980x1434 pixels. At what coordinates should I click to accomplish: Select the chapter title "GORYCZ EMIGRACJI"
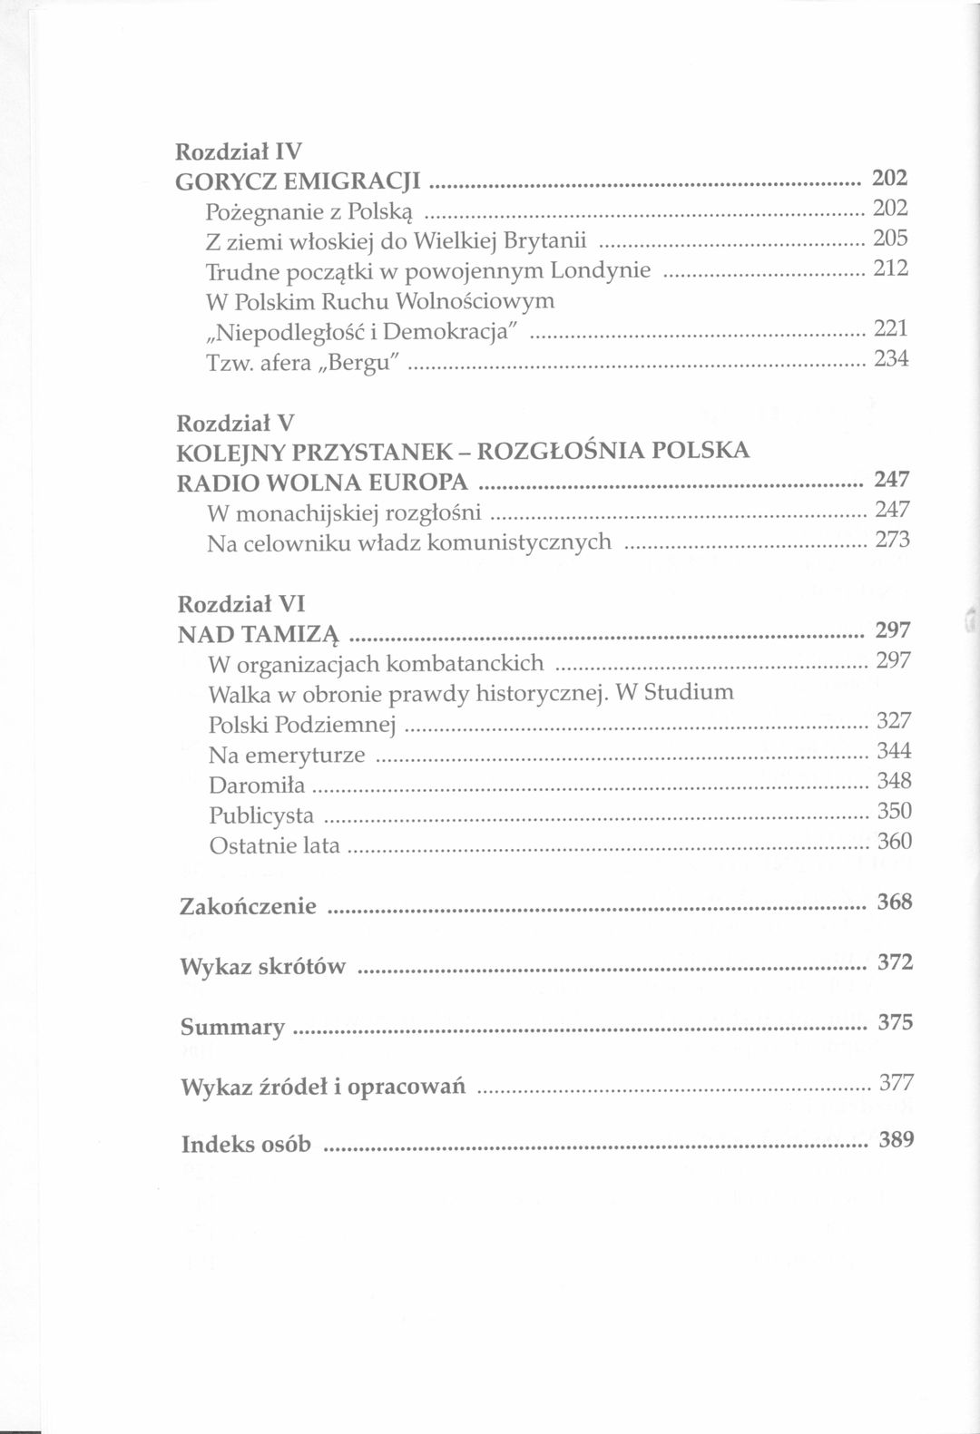pos(297,180)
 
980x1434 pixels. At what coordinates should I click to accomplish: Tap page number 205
pos(889,239)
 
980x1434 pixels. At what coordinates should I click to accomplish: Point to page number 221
pos(890,328)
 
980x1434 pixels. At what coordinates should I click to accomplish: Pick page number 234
pos(890,359)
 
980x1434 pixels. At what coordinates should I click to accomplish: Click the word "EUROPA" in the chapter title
pos(426,483)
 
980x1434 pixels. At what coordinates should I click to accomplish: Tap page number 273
pos(892,541)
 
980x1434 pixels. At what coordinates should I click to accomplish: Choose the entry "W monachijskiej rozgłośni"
pos(344,513)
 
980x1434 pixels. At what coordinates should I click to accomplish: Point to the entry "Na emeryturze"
pos(287,756)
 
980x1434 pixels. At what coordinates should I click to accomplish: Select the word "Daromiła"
pos(257,785)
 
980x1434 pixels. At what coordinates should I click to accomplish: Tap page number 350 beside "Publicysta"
pos(894,811)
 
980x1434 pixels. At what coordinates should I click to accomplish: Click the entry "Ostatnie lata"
pos(274,845)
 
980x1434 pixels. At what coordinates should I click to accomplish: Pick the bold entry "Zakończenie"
pos(248,906)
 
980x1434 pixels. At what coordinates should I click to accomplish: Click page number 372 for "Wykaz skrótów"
pos(895,962)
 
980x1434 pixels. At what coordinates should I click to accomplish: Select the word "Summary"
pos(232,1027)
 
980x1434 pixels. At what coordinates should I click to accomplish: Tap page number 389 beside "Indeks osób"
pos(896,1139)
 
